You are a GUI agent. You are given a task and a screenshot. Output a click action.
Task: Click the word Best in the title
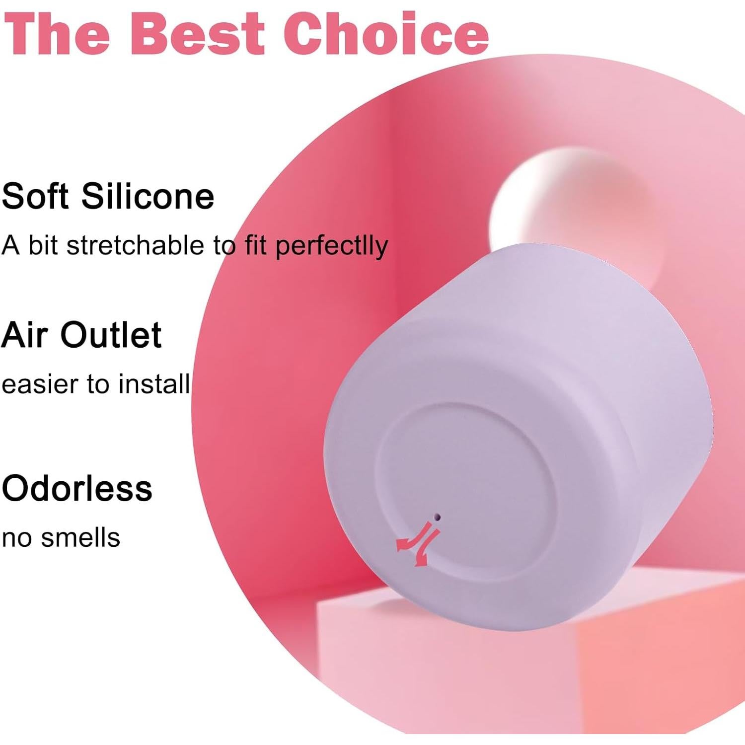coord(197,33)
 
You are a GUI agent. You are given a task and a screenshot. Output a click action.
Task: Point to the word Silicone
coord(148,196)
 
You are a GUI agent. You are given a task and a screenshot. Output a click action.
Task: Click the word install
coord(154,384)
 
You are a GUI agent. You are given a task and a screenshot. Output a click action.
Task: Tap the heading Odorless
coord(77,488)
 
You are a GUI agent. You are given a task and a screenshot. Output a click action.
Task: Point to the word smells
coord(80,537)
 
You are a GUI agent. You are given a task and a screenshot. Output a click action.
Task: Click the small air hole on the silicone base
coord(437,517)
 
